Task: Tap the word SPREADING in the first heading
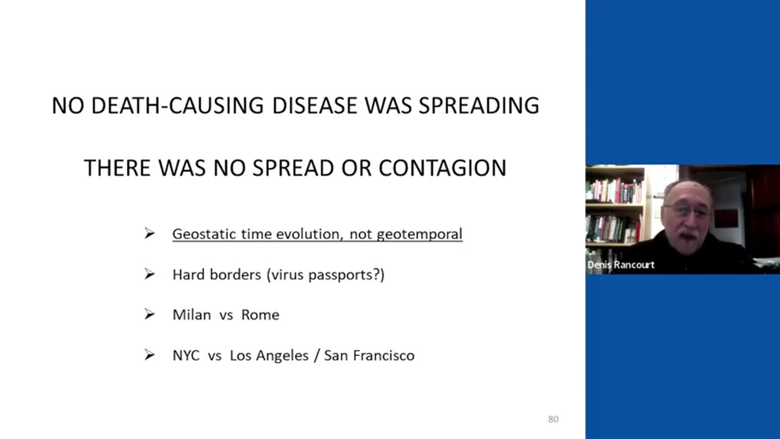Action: (x=479, y=105)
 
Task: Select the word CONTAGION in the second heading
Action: (x=442, y=168)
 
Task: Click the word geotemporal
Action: (x=420, y=234)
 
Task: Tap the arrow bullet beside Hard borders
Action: (x=149, y=274)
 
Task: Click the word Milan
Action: (x=192, y=315)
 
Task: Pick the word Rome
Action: (x=260, y=315)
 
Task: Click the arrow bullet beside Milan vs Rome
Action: (x=149, y=314)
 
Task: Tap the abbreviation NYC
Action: (x=186, y=355)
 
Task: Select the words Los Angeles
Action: (x=269, y=355)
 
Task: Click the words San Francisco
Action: (x=369, y=355)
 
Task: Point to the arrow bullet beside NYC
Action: (x=149, y=355)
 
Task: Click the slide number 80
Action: (x=553, y=419)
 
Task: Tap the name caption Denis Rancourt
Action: (x=621, y=265)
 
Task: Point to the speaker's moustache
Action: (x=688, y=234)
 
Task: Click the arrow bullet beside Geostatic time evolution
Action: (x=149, y=234)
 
